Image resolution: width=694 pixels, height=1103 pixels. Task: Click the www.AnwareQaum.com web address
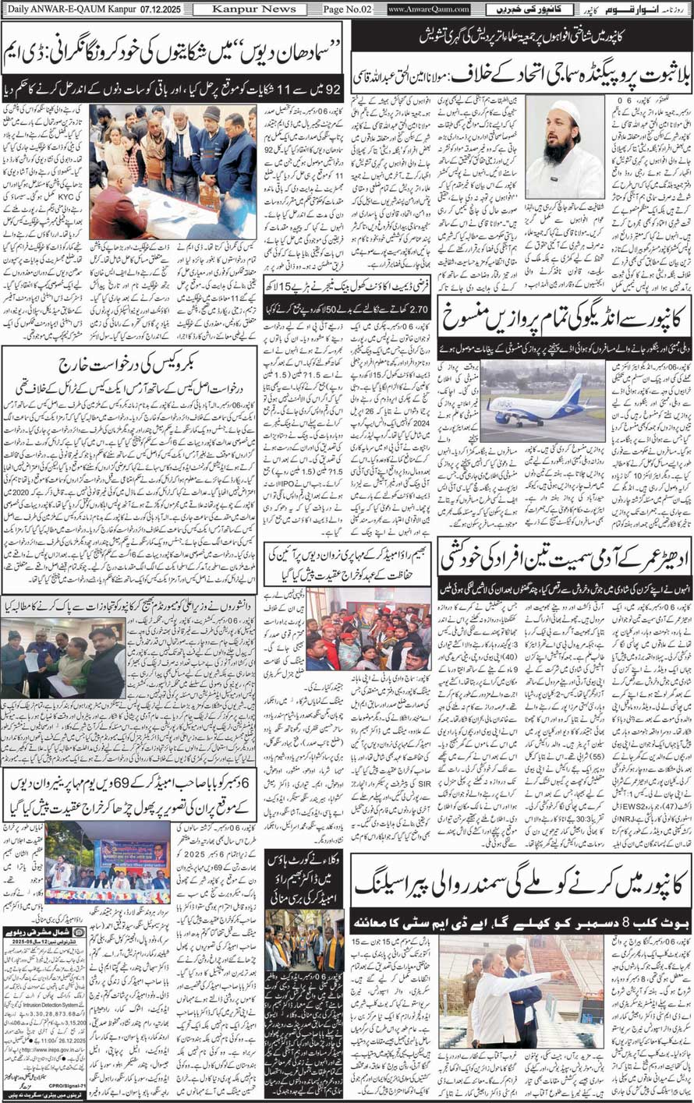pos(429,9)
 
